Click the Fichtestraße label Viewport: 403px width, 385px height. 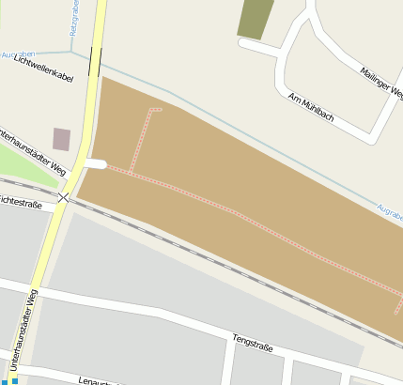coord(22,202)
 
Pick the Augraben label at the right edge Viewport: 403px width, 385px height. coord(389,210)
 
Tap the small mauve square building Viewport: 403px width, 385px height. coord(62,139)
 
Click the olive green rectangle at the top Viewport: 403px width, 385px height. coord(253,19)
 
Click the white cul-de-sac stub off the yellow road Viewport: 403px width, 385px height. coord(96,163)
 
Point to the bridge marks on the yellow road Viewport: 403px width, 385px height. coord(96,62)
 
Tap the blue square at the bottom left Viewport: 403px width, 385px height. coord(14,380)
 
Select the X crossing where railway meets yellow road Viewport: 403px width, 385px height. coord(64,197)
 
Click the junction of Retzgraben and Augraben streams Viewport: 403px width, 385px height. coord(72,51)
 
